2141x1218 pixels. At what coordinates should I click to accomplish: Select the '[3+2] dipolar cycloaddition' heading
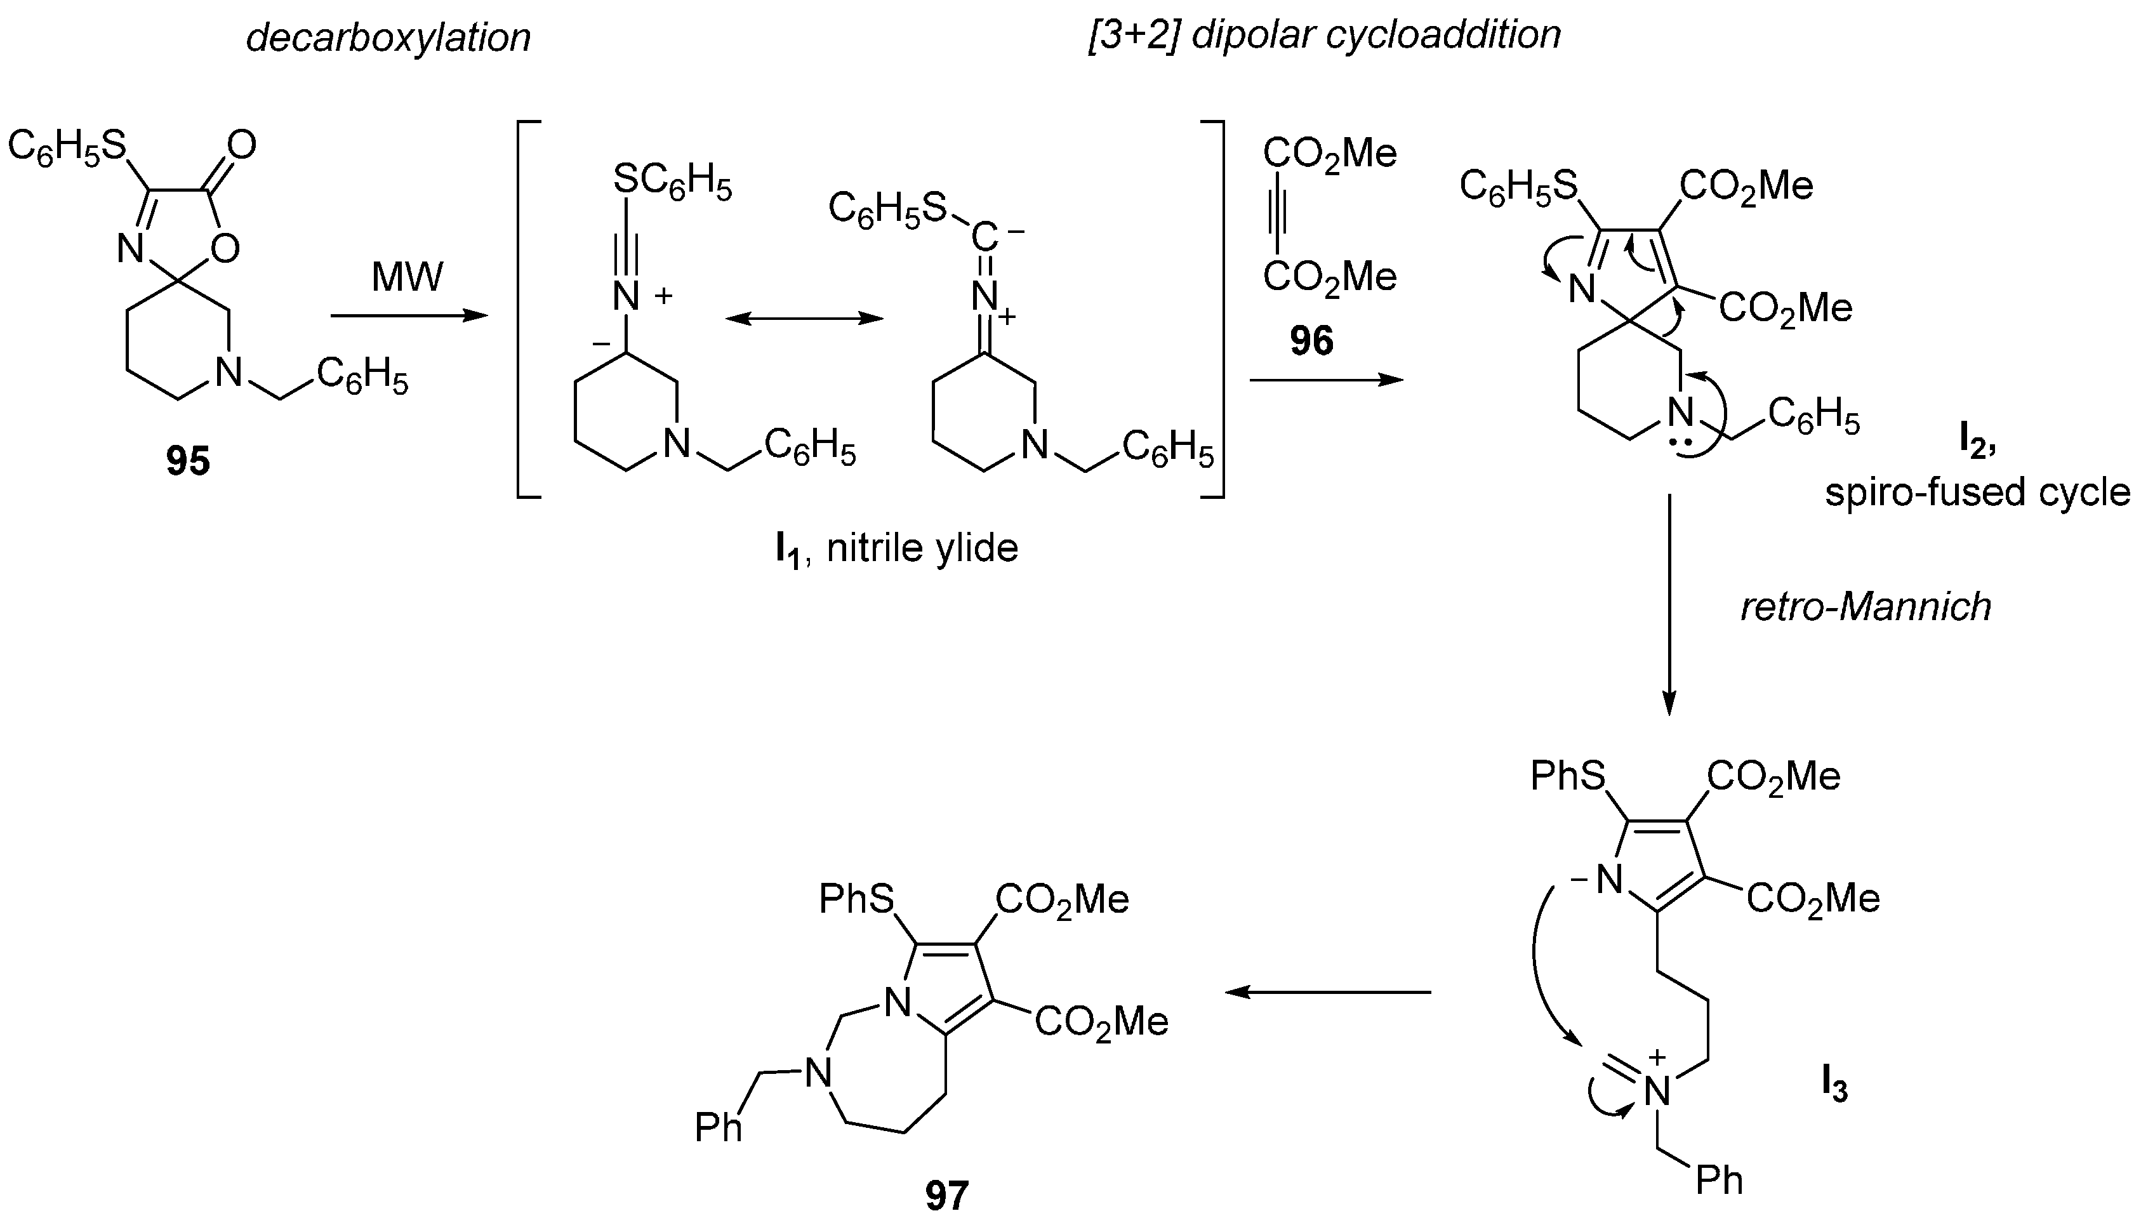point(1324,35)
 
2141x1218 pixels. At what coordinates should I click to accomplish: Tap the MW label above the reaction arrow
point(408,277)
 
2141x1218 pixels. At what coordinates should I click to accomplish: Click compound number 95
point(187,461)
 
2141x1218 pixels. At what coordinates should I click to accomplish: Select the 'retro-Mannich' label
point(1865,607)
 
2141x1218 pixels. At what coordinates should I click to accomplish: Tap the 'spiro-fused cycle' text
point(1977,492)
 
